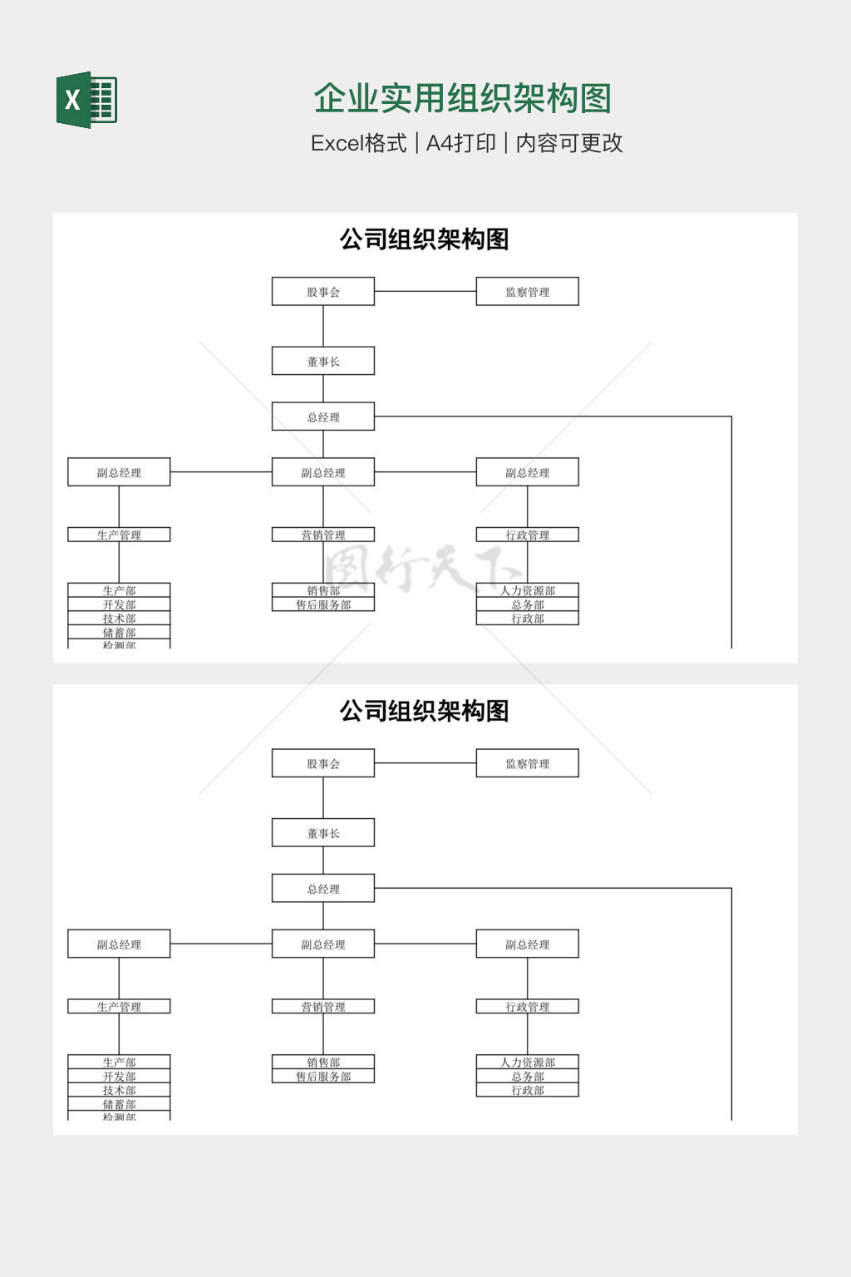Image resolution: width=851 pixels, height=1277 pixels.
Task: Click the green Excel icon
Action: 86,100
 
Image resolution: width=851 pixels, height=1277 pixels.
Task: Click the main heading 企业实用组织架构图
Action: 462,99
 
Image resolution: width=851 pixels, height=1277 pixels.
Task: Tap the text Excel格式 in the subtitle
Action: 358,143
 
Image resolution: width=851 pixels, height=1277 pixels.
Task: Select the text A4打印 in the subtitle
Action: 460,143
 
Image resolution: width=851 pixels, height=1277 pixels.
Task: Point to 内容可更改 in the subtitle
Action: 569,143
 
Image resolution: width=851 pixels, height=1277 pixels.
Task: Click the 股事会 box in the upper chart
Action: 323,292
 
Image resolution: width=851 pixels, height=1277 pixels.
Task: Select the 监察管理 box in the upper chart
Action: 527,292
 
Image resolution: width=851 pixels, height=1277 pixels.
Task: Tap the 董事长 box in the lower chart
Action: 323,833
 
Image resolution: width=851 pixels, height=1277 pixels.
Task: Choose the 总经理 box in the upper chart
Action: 323,417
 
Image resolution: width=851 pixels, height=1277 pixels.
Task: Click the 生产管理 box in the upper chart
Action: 119,535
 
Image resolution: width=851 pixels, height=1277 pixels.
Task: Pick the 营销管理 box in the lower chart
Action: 323,1007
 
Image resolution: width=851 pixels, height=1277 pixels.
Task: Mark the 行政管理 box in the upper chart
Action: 527,535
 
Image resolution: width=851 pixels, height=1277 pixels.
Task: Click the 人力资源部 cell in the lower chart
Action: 527,1063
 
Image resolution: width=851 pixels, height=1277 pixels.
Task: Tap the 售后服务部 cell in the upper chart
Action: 323,604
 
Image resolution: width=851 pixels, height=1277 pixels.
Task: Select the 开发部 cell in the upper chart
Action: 119,604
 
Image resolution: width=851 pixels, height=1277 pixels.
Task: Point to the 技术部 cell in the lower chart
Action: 119,1090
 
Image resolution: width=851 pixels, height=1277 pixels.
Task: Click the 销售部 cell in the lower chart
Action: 323,1063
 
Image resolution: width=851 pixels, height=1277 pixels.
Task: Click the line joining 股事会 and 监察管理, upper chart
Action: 425,292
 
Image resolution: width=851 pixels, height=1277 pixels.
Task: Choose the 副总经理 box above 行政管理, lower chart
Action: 527,944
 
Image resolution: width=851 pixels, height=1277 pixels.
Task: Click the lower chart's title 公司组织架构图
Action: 424,711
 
